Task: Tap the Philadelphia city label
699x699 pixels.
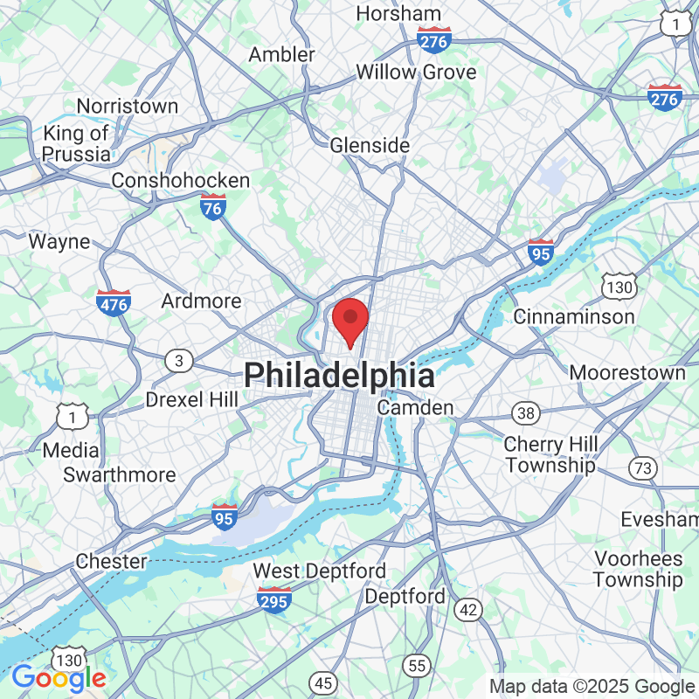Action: [x=339, y=376]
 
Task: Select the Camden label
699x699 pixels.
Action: [x=415, y=408]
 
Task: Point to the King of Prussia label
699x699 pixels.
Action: [x=77, y=144]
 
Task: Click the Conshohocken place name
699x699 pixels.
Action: [x=181, y=181]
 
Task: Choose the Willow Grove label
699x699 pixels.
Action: [x=416, y=72]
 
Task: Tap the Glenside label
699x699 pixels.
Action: [x=370, y=145]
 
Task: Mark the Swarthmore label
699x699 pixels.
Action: [x=120, y=474]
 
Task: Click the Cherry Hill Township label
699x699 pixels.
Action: [x=550, y=454]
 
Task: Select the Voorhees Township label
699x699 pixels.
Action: [x=638, y=569]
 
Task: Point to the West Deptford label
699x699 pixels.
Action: [x=319, y=571]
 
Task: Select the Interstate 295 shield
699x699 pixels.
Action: [x=274, y=600]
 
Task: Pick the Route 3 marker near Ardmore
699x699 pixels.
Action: [x=180, y=360]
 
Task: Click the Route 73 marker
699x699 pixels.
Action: [x=643, y=468]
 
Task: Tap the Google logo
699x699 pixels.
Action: [x=59, y=677]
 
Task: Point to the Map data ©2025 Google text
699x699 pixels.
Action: [x=591, y=687]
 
